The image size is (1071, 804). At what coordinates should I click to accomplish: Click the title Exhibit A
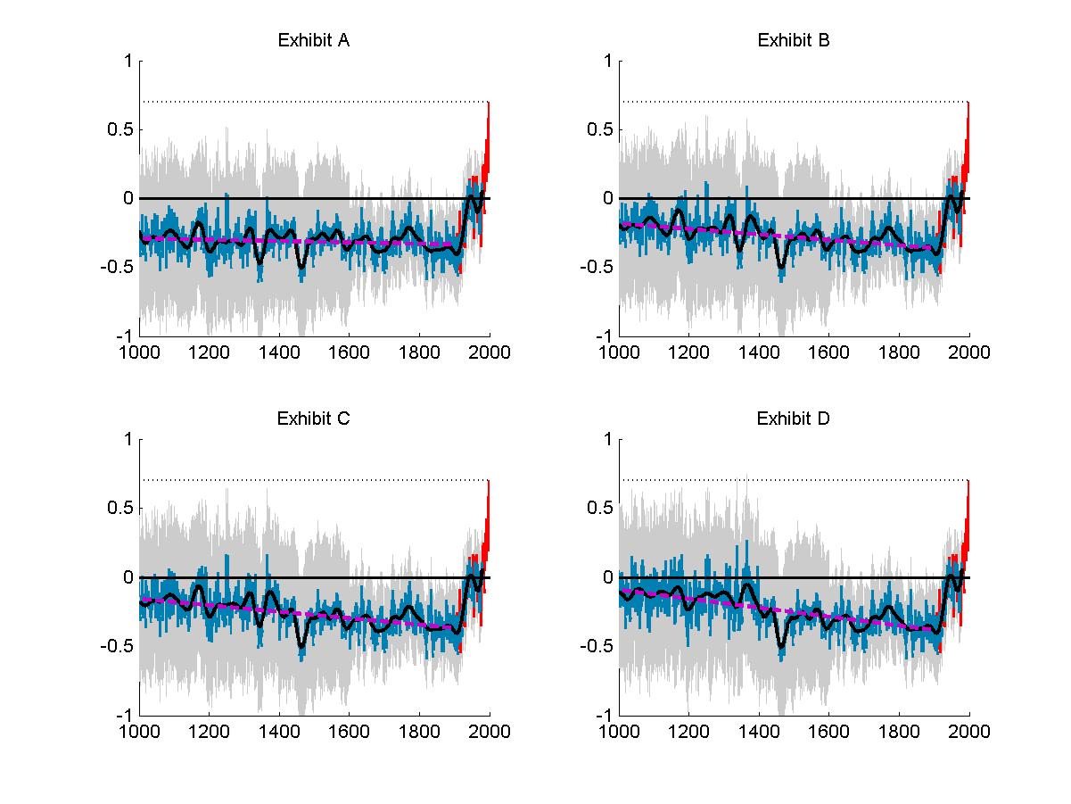pyautogui.click(x=313, y=40)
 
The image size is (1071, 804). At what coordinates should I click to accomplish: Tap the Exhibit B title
pyautogui.click(x=793, y=40)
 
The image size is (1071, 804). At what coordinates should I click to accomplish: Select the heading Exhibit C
pyautogui.click(x=313, y=419)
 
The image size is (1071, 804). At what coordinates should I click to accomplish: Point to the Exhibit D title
pyautogui.click(x=793, y=419)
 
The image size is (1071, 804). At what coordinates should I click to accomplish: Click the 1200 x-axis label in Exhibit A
pyautogui.click(x=209, y=352)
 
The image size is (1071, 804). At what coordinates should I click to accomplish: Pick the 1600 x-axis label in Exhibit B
pyautogui.click(x=828, y=352)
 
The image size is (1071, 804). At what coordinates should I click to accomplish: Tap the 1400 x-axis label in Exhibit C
pyautogui.click(x=279, y=732)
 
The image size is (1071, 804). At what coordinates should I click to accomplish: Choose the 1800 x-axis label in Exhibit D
pyautogui.click(x=899, y=732)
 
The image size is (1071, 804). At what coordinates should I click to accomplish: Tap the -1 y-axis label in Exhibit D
pyautogui.click(x=604, y=716)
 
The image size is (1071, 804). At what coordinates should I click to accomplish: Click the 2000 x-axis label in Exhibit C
pyautogui.click(x=490, y=732)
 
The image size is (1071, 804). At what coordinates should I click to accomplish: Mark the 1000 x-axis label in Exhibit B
pyautogui.click(x=619, y=352)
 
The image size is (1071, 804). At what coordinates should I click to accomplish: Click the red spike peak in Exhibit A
pyautogui.click(x=489, y=104)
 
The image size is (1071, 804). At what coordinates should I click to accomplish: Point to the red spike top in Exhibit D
pyautogui.click(x=968, y=483)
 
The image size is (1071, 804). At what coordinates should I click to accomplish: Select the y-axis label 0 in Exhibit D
pyautogui.click(x=607, y=577)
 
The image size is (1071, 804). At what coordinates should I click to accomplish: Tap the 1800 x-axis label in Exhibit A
pyautogui.click(x=419, y=352)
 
